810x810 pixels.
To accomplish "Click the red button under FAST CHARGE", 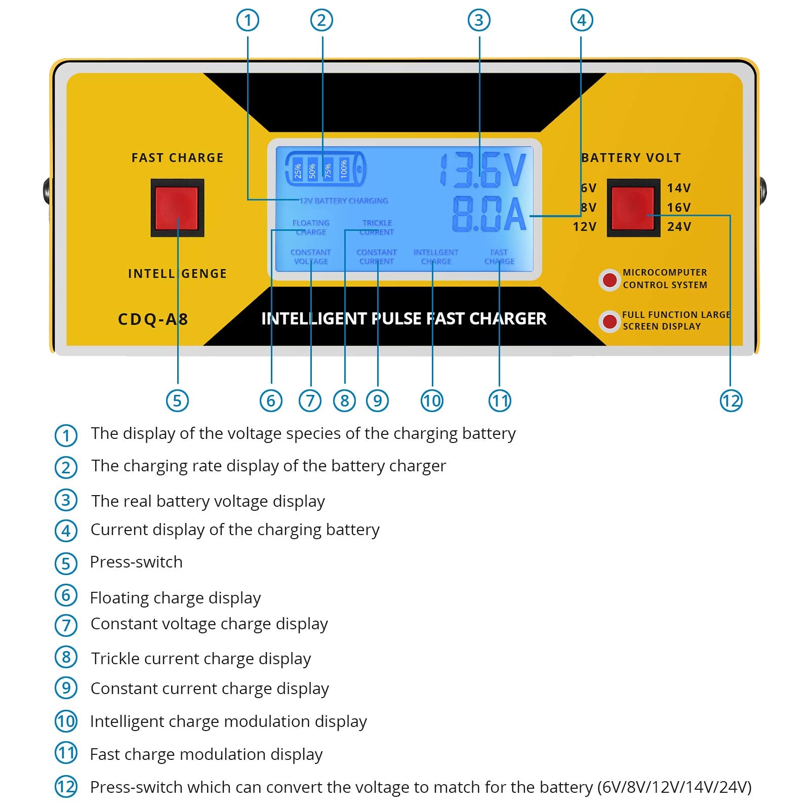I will pos(177,208).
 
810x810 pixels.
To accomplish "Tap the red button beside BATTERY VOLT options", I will pos(633,208).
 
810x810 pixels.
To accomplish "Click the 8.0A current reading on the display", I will pos(489,214).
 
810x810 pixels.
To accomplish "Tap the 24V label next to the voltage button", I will pos(679,226).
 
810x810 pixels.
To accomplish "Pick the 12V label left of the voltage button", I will pos(584,226).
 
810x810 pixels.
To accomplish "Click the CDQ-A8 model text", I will pos(153,319).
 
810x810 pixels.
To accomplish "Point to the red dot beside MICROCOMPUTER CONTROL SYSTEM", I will pos(610,279).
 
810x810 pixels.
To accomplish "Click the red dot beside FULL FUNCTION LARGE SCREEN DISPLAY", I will pos(610,321).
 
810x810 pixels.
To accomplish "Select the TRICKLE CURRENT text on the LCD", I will pos(377,227).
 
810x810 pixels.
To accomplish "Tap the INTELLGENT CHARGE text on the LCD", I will pos(435,257).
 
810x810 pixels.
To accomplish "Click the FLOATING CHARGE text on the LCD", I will pos(310,227).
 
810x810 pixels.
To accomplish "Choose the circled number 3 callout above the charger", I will pos(479,20).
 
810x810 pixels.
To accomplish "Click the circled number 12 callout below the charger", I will pos(731,401).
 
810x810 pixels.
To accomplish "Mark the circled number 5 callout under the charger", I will pos(177,401).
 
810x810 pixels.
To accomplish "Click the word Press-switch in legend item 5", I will pos(136,562).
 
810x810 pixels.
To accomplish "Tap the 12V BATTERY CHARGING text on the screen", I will pos(344,201).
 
